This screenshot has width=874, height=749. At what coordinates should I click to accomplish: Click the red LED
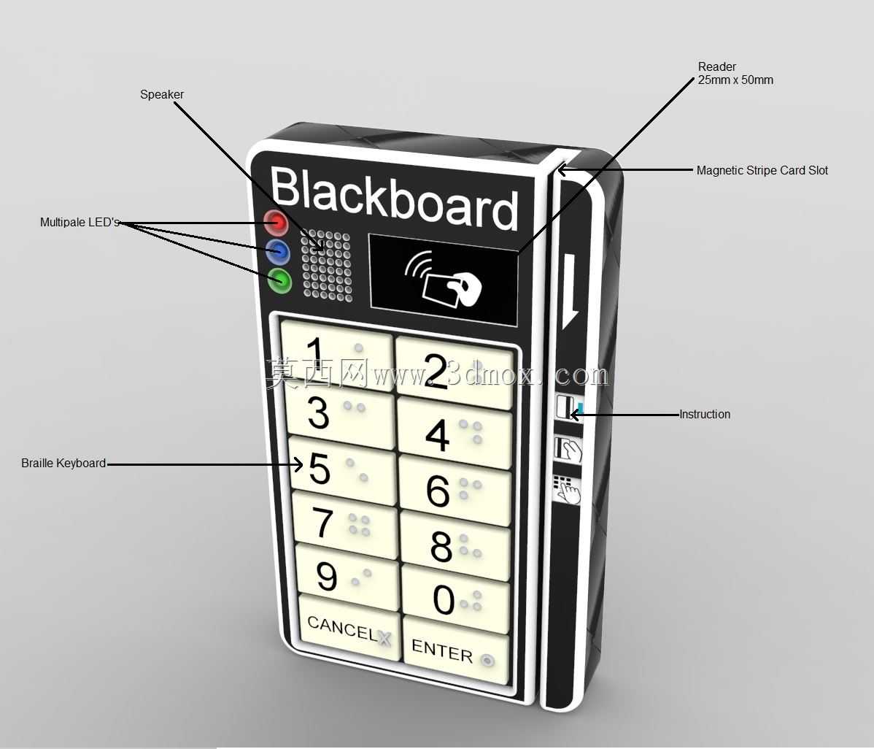[275, 223]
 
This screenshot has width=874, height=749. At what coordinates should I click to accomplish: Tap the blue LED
[278, 252]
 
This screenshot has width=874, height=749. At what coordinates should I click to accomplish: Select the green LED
[280, 280]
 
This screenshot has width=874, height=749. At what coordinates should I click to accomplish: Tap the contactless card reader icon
[443, 280]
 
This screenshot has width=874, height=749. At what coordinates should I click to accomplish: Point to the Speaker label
[162, 94]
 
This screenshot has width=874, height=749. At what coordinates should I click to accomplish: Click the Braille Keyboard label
[63, 463]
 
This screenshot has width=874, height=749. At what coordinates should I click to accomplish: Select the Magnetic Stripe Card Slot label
[762, 170]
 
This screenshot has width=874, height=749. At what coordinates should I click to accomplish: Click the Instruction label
[705, 414]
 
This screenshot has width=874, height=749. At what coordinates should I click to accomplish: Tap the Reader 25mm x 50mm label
[735, 73]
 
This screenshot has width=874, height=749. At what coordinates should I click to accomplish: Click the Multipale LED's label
[80, 222]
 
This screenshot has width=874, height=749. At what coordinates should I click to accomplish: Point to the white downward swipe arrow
[571, 291]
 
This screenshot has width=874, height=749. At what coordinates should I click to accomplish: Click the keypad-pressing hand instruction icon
[567, 488]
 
